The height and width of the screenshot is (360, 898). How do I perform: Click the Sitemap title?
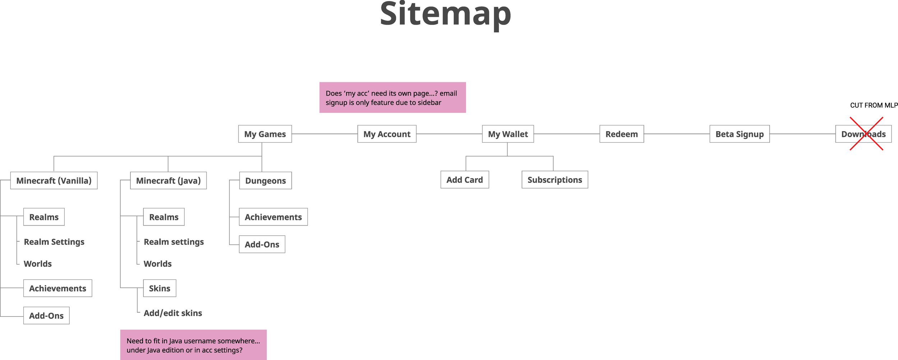point(445,14)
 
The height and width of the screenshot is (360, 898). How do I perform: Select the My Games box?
point(265,134)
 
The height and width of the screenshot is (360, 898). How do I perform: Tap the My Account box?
point(387,134)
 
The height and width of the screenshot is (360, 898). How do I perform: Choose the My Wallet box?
point(508,134)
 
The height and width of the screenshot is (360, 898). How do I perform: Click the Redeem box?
point(621,134)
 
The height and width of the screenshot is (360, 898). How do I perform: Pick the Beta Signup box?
point(739,134)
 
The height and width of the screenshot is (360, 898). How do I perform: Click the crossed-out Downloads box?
point(863,134)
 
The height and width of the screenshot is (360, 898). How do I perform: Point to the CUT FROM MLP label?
point(874,105)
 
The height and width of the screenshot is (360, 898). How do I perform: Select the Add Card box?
point(464,180)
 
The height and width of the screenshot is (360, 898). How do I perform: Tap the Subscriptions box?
point(555,180)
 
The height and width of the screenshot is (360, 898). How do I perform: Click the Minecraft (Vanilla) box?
point(54,180)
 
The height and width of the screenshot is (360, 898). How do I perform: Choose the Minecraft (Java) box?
point(168,180)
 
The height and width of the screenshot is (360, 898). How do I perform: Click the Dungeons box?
point(265,180)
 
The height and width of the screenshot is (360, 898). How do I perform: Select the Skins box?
point(159,288)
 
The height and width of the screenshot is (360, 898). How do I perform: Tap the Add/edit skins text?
point(173,313)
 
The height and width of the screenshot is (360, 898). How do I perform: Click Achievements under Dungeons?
point(273,217)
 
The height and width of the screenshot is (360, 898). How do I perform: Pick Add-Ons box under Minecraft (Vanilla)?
point(46,315)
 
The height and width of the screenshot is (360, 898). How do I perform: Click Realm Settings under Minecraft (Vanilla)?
point(54,242)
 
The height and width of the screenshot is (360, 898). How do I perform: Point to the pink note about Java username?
point(193,345)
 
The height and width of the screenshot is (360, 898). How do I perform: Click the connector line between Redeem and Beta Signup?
point(677,134)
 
